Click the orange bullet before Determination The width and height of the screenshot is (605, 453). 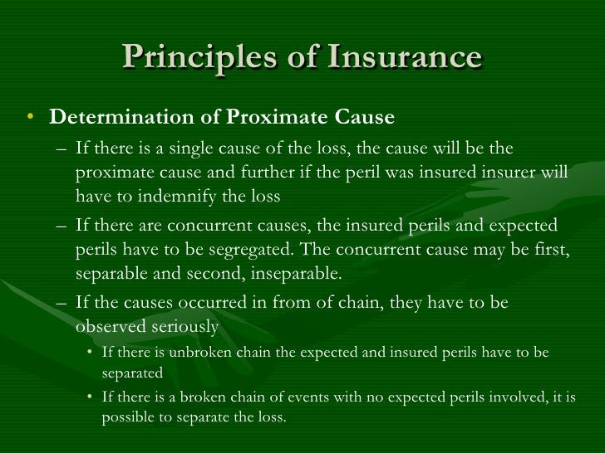(30, 118)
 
